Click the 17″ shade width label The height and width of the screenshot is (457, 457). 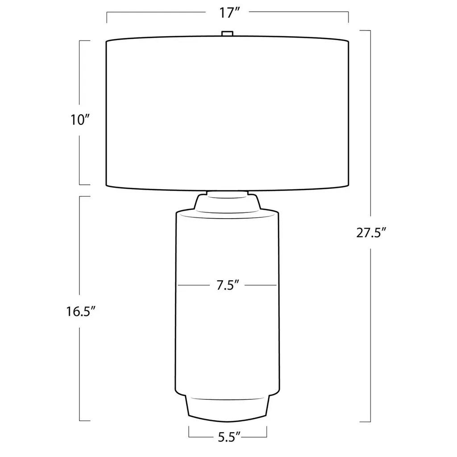point(229,13)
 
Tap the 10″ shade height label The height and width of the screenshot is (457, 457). point(80,120)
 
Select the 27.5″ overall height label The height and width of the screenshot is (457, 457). point(371,233)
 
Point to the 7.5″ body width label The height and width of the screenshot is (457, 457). point(228,285)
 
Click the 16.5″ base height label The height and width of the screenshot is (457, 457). point(81,312)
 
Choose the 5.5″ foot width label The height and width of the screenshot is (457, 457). point(229,437)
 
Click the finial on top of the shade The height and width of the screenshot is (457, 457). point(227,33)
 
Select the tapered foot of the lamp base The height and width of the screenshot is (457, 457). point(227,408)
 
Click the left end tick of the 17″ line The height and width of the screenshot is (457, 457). point(107,17)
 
